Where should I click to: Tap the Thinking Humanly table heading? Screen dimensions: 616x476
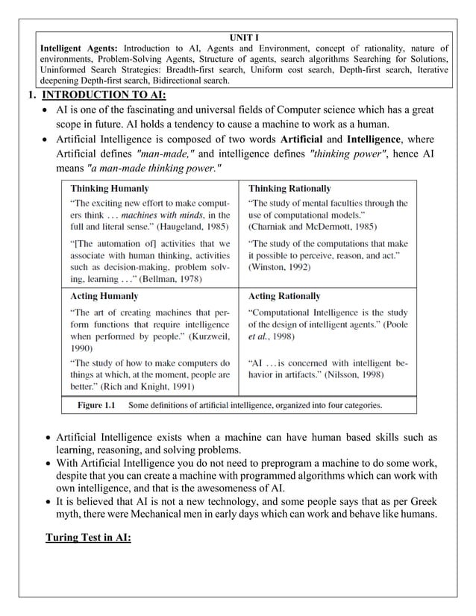(x=109, y=189)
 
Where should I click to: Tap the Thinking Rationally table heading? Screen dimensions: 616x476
(x=289, y=189)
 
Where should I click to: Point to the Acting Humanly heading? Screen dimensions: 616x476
(x=104, y=296)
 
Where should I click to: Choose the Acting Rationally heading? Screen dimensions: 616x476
(x=284, y=296)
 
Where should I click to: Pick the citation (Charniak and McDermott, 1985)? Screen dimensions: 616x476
(x=313, y=226)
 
